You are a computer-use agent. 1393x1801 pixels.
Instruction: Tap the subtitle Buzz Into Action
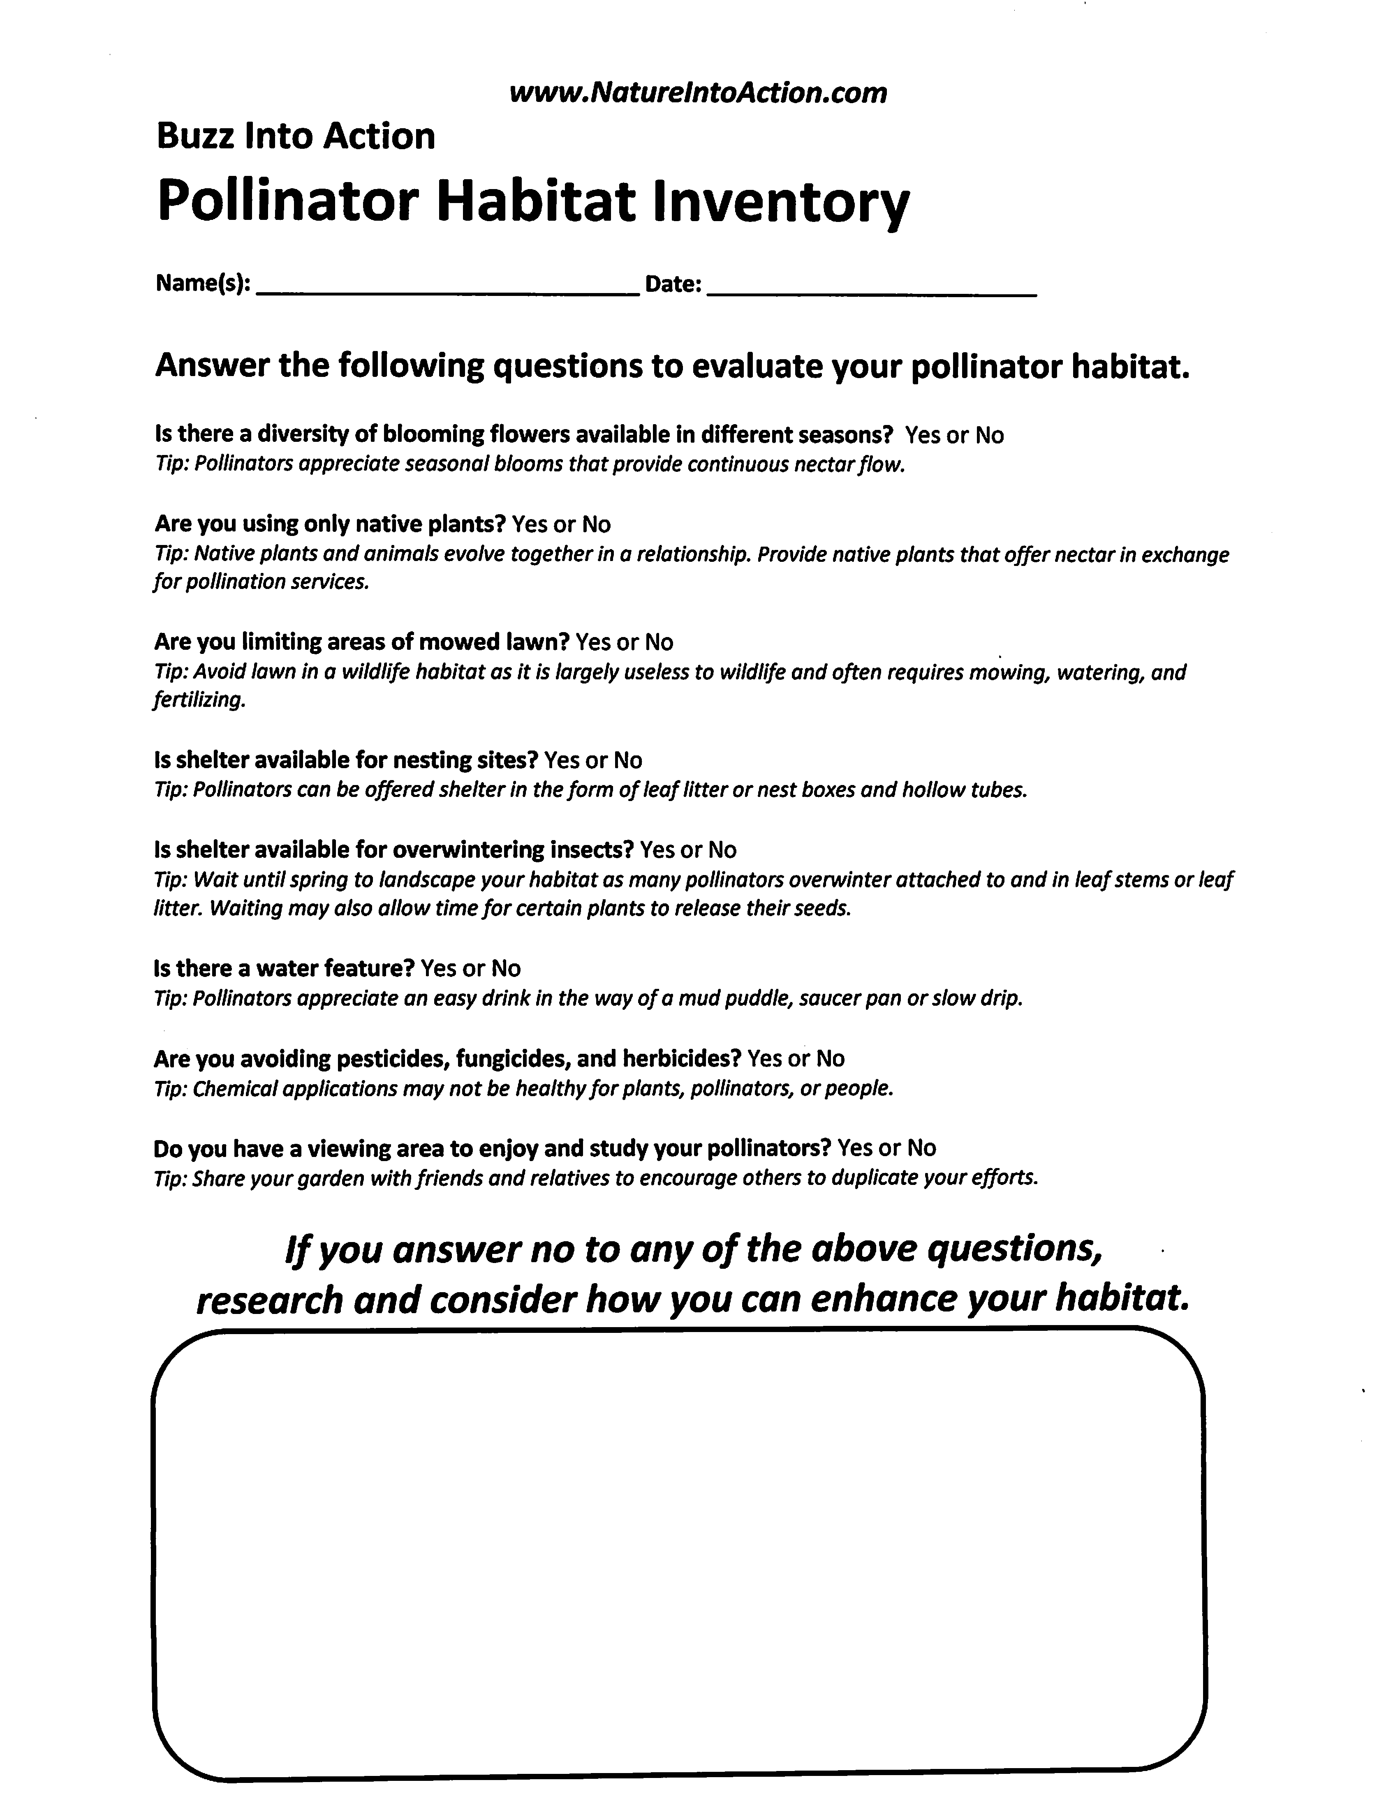pos(295,136)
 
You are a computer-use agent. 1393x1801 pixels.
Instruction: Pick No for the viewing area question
pos(921,1148)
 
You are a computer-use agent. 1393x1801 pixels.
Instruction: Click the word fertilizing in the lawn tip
pos(199,701)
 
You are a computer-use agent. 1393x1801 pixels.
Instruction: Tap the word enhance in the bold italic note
pos(883,1300)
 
